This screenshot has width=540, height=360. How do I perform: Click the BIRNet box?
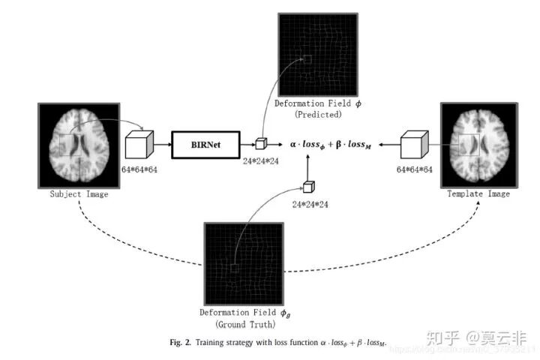click(x=205, y=143)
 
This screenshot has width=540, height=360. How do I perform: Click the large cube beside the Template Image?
click(x=414, y=143)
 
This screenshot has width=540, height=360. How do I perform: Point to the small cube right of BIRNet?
click(x=260, y=144)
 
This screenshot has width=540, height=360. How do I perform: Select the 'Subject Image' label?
click(x=78, y=194)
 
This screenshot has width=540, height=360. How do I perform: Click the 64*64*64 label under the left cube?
click(x=139, y=170)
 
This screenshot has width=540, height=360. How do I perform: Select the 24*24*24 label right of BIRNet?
click(x=260, y=160)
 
